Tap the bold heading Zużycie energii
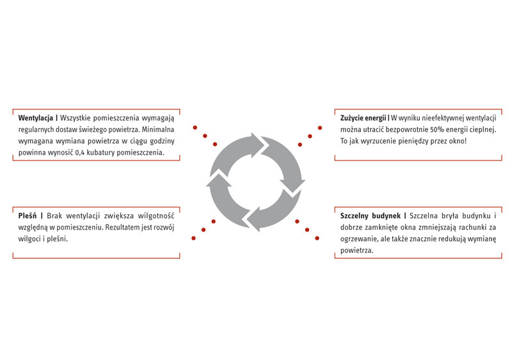point(363,118)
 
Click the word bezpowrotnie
point(401,129)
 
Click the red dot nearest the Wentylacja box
point(195,126)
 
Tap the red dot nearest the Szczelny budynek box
point(317,239)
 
